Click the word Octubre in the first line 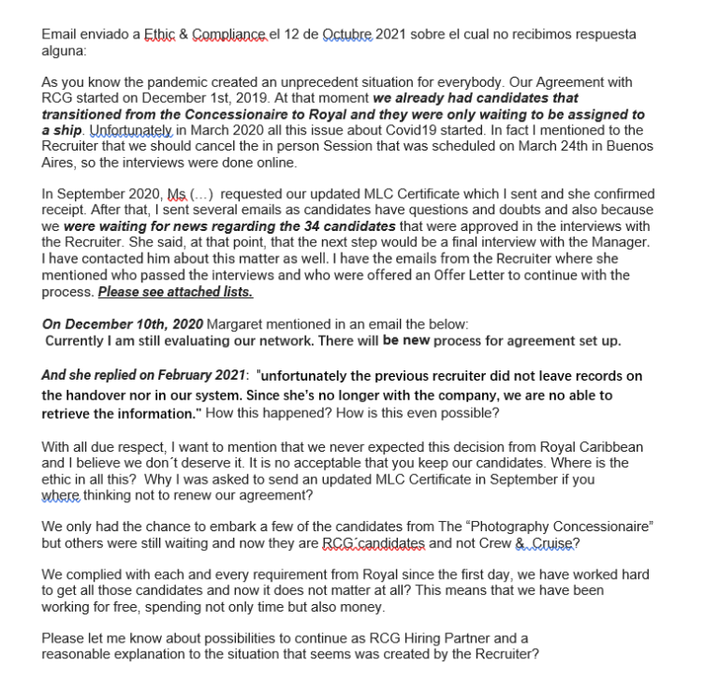click(x=346, y=35)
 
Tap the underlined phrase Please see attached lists click(x=175, y=292)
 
